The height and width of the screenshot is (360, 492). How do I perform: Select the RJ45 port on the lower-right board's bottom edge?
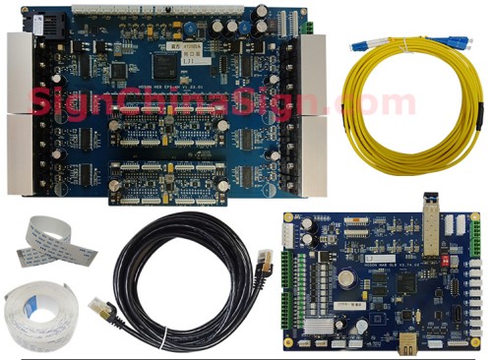tap(406, 344)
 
